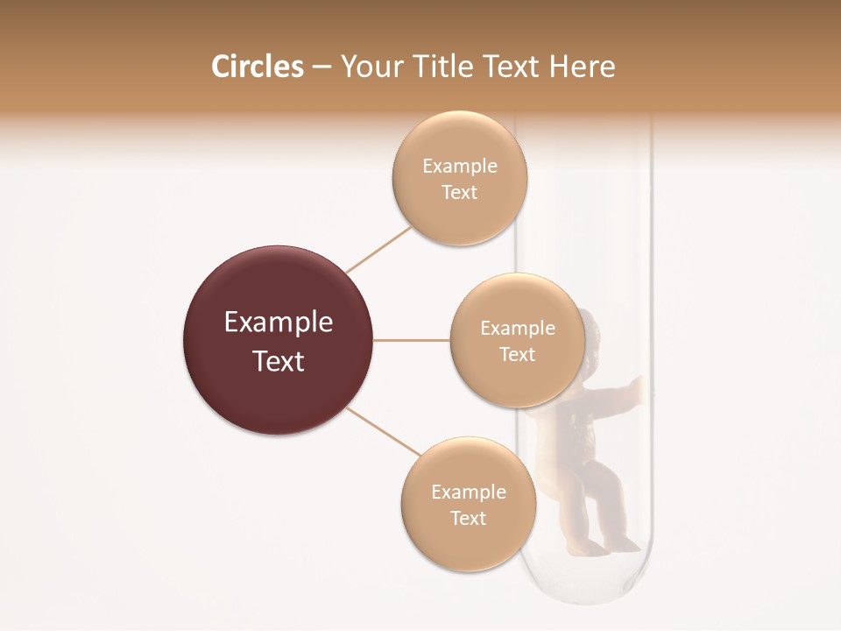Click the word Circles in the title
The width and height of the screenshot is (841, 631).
[x=258, y=67]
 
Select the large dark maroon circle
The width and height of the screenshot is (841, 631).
[x=279, y=340]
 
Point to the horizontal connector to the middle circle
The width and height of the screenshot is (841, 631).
[x=412, y=340]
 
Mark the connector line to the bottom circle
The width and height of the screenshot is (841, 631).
[x=384, y=431]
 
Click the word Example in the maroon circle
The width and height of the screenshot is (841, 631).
[x=279, y=322]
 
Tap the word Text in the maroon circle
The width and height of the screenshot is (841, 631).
[x=279, y=360]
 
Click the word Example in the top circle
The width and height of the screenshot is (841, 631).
[x=460, y=166]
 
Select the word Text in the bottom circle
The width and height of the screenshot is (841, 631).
[x=468, y=518]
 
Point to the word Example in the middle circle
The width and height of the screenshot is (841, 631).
[x=517, y=328]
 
